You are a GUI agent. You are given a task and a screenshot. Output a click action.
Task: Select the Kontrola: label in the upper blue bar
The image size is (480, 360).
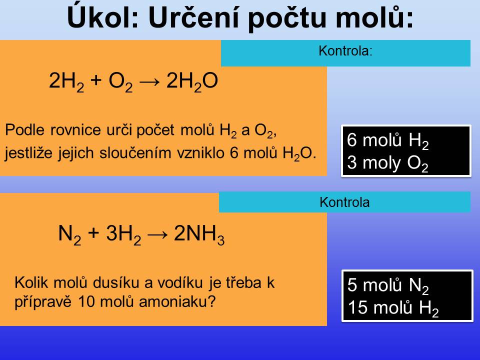click(345, 51)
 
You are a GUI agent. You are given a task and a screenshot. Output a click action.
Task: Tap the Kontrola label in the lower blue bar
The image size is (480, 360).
click(344, 202)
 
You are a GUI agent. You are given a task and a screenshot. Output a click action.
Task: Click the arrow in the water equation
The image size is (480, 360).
click(149, 81)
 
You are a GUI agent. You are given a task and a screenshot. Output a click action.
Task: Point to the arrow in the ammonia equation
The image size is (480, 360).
click(157, 234)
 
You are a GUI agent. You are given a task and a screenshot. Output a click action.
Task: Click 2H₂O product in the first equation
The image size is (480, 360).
click(192, 81)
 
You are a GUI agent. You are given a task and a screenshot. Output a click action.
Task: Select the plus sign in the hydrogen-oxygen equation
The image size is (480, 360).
click(96, 81)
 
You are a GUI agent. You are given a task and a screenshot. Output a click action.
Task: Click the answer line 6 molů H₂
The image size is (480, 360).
click(387, 140)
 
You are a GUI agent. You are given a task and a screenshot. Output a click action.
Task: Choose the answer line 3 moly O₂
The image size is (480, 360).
click(387, 163)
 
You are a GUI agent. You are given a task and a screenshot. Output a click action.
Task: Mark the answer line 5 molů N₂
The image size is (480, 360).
click(388, 285)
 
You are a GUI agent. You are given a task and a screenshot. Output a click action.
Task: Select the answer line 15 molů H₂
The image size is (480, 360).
click(393, 308)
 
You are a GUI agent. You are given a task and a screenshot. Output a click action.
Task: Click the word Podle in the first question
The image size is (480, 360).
click(25, 130)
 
